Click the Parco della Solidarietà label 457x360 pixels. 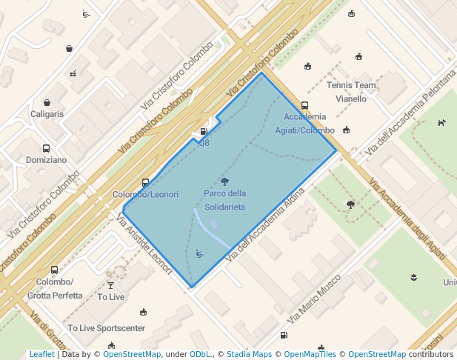(x=224, y=200)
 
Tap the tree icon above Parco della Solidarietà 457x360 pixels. (x=224, y=181)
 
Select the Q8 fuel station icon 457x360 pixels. (x=204, y=131)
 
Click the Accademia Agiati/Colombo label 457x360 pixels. (x=305, y=124)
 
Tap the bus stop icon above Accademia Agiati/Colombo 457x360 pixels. (x=304, y=106)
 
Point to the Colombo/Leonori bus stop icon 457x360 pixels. (x=145, y=182)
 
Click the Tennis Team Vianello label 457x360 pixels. (x=351, y=92)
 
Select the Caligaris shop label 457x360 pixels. (x=47, y=114)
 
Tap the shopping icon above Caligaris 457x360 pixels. (x=47, y=102)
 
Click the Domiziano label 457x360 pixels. (x=46, y=159)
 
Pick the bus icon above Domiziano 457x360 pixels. (x=46, y=148)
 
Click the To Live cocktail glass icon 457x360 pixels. (x=111, y=284)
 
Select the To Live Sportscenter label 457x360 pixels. (x=106, y=328)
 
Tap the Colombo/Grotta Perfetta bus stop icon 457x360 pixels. (x=54, y=270)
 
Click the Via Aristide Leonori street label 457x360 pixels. (x=145, y=244)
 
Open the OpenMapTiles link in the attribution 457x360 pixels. (x=310, y=354)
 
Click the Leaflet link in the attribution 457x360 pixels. (x=41, y=354)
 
